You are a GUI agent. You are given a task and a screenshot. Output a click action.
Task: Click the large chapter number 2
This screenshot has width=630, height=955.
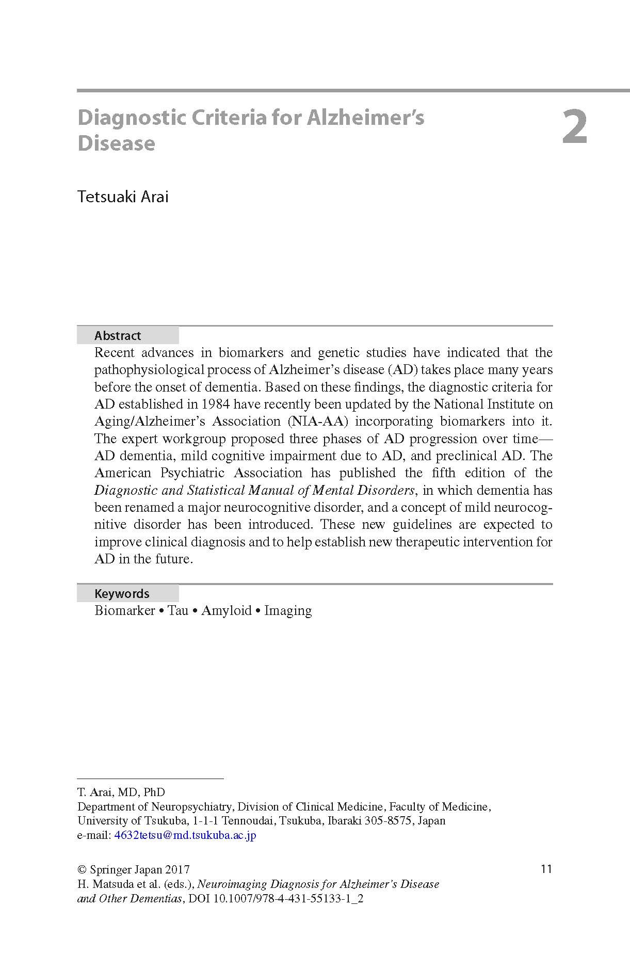574,128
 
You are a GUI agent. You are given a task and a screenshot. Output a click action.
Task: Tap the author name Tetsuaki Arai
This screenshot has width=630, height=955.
123,197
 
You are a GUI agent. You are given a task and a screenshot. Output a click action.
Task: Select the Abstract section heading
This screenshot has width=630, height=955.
118,336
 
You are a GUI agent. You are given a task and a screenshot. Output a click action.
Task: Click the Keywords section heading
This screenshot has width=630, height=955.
122,593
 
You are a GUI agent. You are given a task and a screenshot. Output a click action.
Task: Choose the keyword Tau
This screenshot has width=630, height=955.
178,610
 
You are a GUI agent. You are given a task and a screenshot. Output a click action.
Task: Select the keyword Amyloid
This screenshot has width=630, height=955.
226,610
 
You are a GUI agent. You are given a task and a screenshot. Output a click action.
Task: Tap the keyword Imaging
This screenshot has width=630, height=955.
288,610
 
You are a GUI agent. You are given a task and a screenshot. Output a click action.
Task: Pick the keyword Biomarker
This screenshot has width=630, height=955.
125,610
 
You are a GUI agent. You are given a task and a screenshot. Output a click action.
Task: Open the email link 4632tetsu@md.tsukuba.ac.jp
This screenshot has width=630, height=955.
185,835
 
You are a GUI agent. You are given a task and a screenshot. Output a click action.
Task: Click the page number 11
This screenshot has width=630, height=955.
546,869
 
